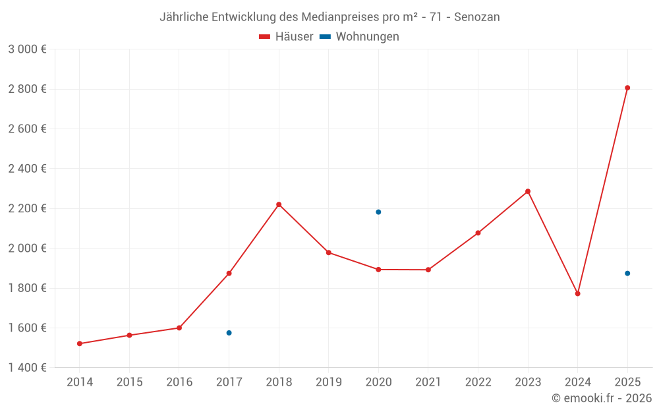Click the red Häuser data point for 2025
(x=627, y=88)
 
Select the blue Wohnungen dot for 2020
(x=378, y=212)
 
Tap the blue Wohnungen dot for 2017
(x=229, y=333)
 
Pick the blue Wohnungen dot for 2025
(x=627, y=274)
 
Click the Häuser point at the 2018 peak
(x=279, y=204)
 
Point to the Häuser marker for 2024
(x=577, y=294)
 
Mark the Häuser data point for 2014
(x=80, y=343)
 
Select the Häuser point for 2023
(x=528, y=191)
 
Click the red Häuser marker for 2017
(x=229, y=274)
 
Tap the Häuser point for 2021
(x=428, y=270)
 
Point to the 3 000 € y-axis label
(x=27, y=49)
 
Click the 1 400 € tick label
(x=27, y=368)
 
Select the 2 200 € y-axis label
(x=27, y=209)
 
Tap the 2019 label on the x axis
(x=329, y=382)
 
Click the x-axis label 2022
(x=478, y=382)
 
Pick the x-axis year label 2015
(x=129, y=382)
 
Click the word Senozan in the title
(x=476, y=17)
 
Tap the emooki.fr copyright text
(x=601, y=398)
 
